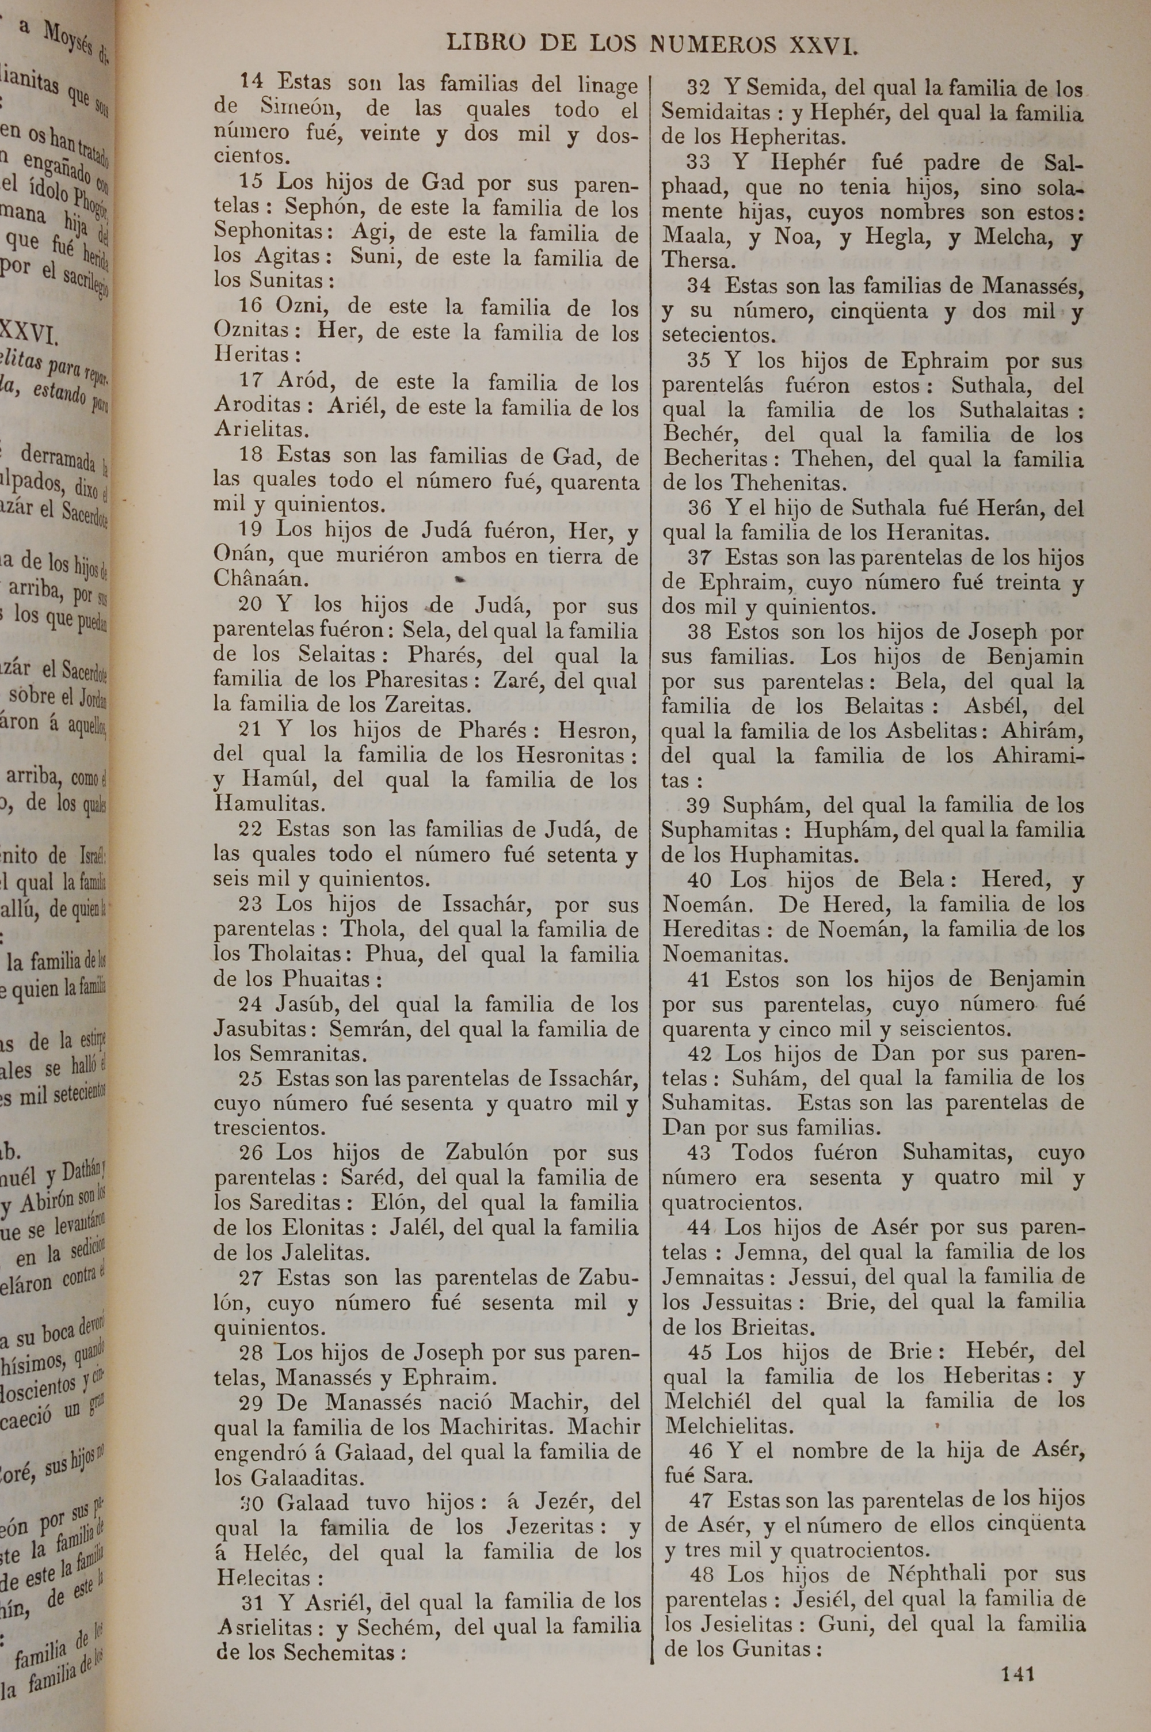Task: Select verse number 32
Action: (698, 89)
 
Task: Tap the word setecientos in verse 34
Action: (718, 336)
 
